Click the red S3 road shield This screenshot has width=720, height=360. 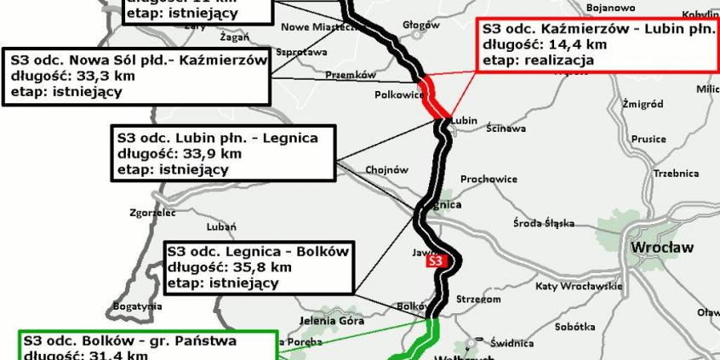point(437,262)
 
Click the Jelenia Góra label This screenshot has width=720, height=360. point(332,322)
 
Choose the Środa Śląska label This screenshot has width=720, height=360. point(546,224)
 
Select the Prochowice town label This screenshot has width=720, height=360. point(489,180)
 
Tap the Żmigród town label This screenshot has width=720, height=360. point(643,104)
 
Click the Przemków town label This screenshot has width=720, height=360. point(351,75)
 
